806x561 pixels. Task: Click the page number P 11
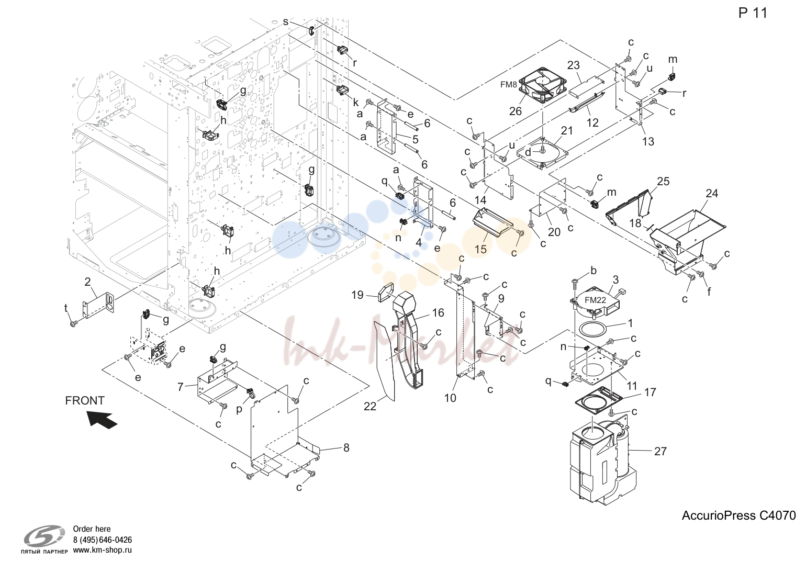coord(753,13)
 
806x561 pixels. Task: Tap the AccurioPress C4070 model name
coord(738,515)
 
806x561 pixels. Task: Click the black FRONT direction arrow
coord(103,420)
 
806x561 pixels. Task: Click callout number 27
coord(661,451)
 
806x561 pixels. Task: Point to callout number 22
coord(370,406)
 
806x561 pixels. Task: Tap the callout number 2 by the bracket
coord(87,282)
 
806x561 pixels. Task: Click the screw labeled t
coord(74,324)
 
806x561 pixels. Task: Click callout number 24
coord(712,194)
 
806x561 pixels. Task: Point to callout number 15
coord(480,249)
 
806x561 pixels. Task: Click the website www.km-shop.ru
coord(103,550)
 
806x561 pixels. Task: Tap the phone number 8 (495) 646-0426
coord(103,540)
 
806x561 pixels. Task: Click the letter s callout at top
coord(286,21)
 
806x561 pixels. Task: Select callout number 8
coord(346,447)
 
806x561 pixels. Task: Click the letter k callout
coord(355,103)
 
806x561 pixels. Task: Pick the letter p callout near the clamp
coord(239,410)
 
